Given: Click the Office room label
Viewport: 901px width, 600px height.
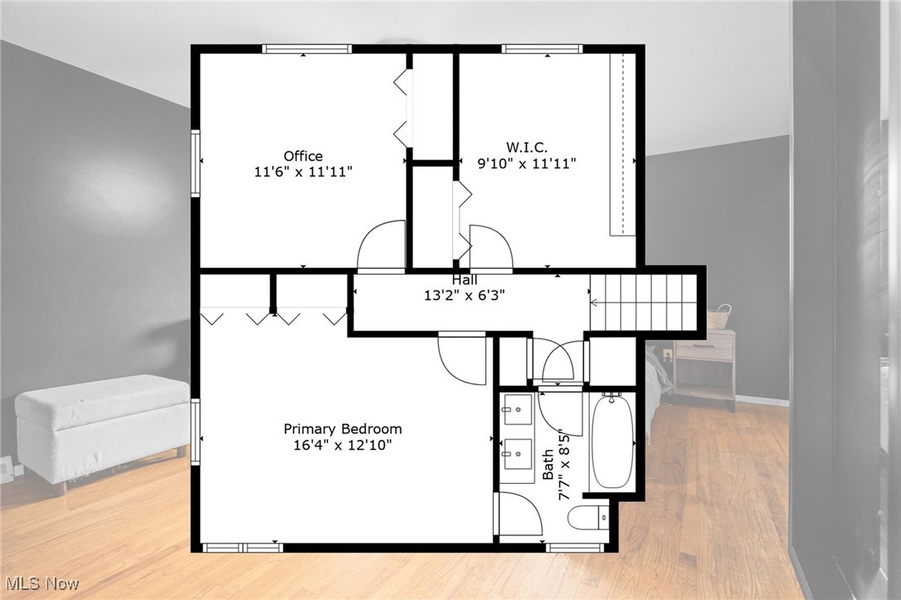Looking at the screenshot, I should point(303,156).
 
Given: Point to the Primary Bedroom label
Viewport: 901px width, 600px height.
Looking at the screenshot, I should point(343,429).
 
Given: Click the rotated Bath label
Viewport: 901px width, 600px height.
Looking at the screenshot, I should point(548,465).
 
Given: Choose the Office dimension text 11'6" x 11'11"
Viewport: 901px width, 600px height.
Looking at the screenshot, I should point(304,172).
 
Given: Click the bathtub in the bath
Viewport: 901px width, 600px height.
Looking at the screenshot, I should point(612,441).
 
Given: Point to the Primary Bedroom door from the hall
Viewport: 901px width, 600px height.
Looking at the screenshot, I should point(462,358).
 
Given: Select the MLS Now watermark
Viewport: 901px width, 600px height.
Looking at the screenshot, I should point(40,583).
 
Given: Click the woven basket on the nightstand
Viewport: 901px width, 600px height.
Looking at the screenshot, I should point(719,316).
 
